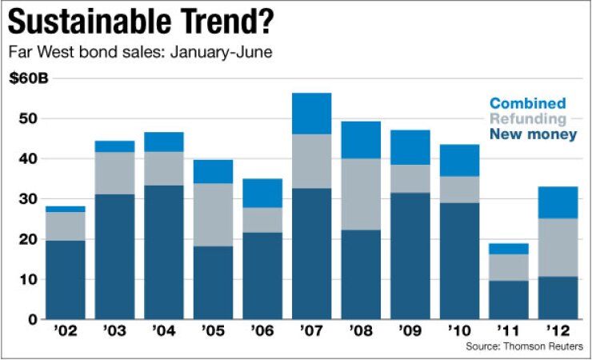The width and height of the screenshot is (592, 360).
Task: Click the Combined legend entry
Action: [527, 103]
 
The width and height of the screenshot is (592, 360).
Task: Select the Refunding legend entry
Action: [527, 119]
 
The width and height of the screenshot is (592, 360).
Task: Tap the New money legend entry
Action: [533, 135]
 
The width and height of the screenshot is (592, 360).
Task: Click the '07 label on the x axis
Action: [312, 331]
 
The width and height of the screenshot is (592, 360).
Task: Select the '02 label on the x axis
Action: [66, 331]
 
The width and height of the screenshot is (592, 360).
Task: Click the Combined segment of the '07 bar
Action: [312, 114]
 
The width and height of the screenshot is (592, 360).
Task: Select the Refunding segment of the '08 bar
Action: [361, 194]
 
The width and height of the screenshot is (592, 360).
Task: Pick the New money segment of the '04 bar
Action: [164, 252]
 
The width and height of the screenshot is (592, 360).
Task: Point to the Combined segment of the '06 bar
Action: [262, 193]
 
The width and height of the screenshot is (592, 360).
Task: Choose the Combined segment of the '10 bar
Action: [458, 160]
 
